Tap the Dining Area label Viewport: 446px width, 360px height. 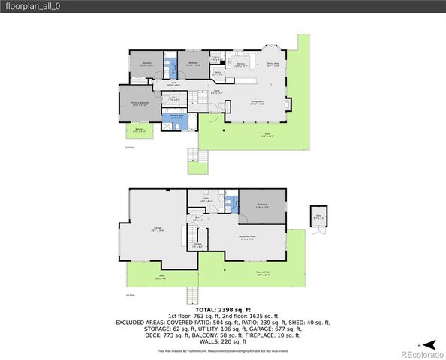pyautogui.click(x=273, y=64)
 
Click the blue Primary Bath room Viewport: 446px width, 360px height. pyautogui.click(x=176, y=118)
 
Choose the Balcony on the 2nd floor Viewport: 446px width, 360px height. pyautogui.click(x=139, y=131)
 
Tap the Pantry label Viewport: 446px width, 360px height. pyautogui.click(x=217, y=73)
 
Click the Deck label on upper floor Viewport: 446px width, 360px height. pyautogui.click(x=267, y=136)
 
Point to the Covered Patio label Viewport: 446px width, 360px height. pyautogui.click(x=264, y=273)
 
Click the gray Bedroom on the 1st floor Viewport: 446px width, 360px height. pyautogui.click(x=263, y=205)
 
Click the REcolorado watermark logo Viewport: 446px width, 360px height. pyautogui.click(x=420, y=353)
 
